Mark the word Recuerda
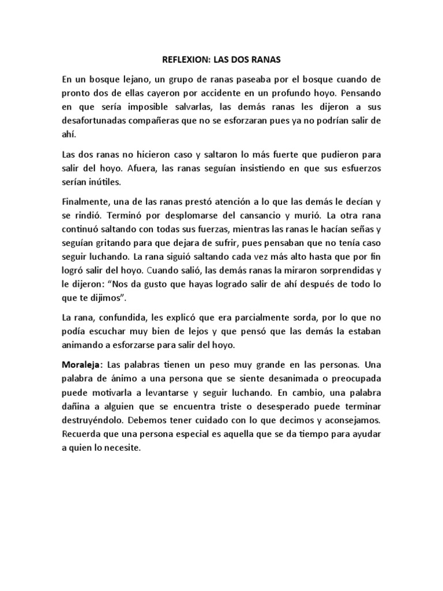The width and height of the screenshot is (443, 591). coord(82,435)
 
